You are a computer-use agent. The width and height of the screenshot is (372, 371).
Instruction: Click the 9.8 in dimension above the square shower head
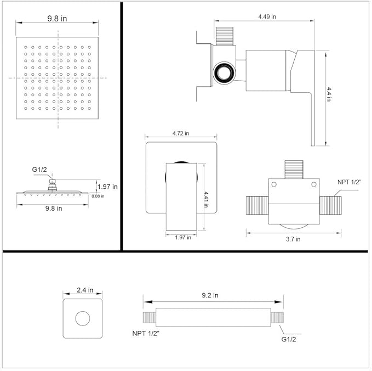coord(53,18)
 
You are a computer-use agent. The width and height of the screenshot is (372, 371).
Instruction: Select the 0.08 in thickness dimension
coord(98,196)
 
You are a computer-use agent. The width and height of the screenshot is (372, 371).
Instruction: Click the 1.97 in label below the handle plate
coord(182,238)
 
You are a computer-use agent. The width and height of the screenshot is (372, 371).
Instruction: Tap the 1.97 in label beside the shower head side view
coord(107,187)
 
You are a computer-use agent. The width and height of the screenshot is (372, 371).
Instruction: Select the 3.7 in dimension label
coord(293,239)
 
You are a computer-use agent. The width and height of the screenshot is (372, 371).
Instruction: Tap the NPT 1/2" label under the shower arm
coord(146,333)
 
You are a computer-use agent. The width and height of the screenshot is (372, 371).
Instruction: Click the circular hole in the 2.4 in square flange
coord(83,318)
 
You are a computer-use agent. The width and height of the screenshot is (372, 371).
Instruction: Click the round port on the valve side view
coord(225,73)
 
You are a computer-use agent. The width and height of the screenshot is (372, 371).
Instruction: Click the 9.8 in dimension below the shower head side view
coord(53,209)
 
